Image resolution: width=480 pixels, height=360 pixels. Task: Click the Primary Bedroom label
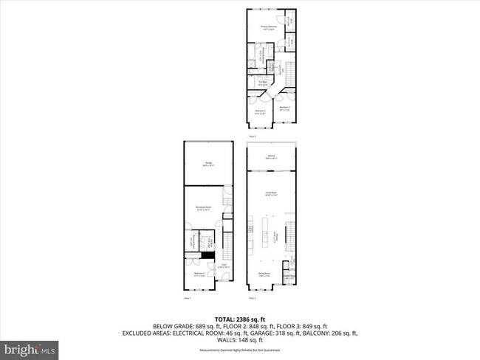tap(266, 28)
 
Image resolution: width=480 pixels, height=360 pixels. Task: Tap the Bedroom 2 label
tap(284, 108)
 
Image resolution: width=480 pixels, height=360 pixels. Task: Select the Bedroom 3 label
tap(259, 113)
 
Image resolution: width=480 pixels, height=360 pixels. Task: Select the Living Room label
tap(271, 194)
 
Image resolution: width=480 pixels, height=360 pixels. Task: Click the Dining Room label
tap(264, 273)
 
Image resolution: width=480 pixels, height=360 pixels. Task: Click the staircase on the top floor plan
tap(290, 72)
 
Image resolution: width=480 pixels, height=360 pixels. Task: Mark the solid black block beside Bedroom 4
tap(198, 255)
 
